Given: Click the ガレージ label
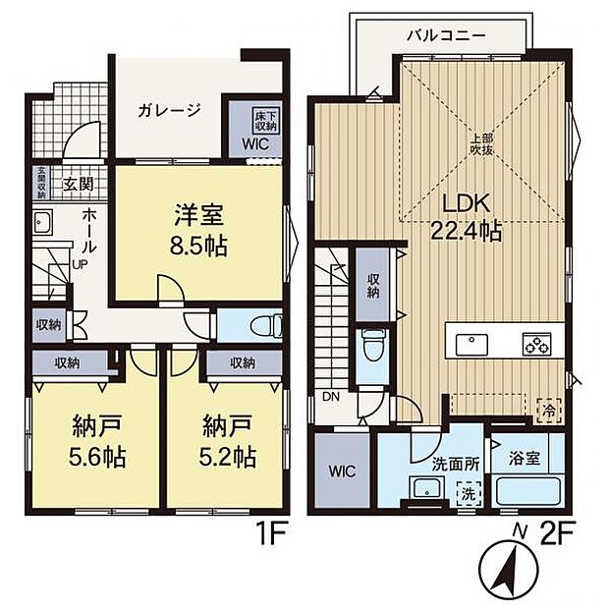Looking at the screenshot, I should (x=169, y=111).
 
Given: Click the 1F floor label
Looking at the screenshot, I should (x=271, y=538).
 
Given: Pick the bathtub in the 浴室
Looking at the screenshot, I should (x=526, y=490).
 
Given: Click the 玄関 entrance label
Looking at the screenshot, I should (x=79, y=183).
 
